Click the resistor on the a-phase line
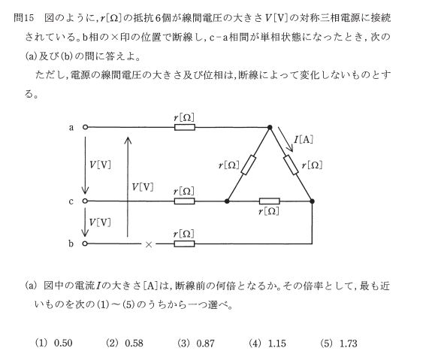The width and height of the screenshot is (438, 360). point(185,128)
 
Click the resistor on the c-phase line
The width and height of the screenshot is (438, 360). point(184,201)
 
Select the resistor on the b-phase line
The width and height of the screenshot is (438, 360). point(184,244)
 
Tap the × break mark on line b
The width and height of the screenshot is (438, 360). point(149,244)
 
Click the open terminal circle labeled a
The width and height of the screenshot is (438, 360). point(85,127)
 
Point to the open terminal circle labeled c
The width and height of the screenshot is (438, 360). point(85,201)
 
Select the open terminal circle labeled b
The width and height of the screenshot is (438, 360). point(85,244)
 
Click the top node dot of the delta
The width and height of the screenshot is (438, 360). point(270,128)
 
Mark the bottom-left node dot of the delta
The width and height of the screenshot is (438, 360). point(227,201)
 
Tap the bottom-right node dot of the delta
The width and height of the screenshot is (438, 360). point(313,201)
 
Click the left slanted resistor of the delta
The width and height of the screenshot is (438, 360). point(249,165)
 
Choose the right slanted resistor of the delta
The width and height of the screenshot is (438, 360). point(291,165)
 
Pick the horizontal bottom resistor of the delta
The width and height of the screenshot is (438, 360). point(270,201)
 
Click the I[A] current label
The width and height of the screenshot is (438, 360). point(304,139)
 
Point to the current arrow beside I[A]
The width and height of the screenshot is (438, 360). point(285,139)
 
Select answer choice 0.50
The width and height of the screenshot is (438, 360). point(63,343)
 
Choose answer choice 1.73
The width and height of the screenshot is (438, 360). point(349,343)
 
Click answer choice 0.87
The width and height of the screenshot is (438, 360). point(206,343)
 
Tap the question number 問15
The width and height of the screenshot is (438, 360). point(23,19)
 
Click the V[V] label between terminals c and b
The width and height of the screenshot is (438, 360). point(100,222)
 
